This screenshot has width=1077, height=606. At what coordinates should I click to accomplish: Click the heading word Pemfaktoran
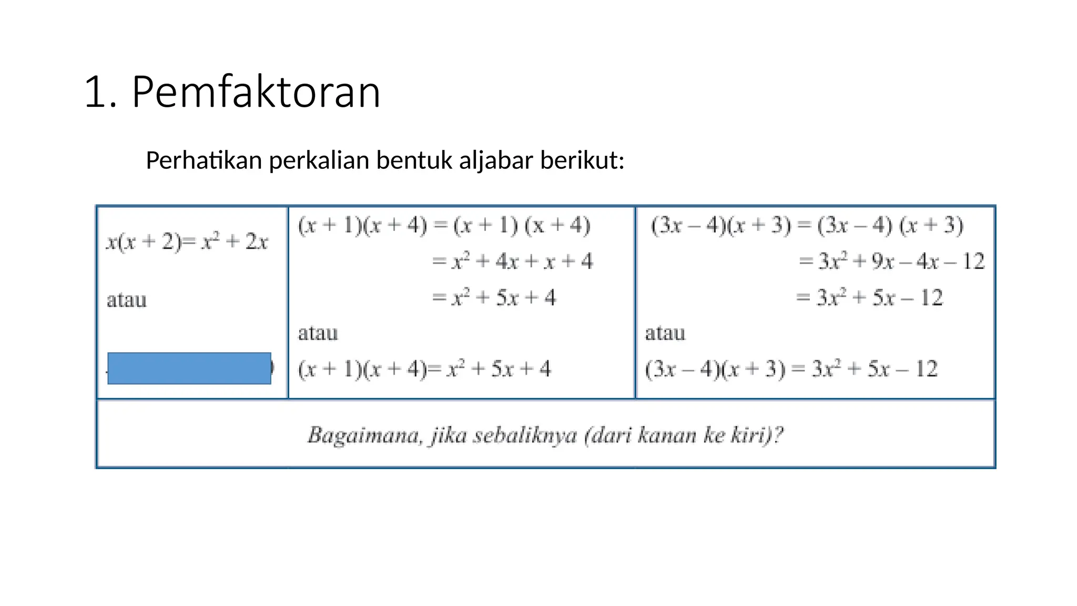[x=256, y=93]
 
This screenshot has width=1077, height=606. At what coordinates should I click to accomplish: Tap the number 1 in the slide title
[x=95, y=93]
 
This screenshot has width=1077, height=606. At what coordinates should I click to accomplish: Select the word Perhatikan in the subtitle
[x=204, y=160]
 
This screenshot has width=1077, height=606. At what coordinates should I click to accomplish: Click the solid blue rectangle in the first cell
[x=189, y=368]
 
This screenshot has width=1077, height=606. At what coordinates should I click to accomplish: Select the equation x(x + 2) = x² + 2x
[x=187, y=242]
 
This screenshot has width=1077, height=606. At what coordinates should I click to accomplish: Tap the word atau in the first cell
[x=127, y=300]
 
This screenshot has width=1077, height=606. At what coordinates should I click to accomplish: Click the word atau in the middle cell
[x=318, y=334]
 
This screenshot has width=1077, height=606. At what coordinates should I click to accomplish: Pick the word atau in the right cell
[x=665, y=334]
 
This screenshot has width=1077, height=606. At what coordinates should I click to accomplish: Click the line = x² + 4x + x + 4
[x=512, y=261]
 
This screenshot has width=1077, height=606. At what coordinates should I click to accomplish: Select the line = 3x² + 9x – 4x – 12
[x=891, y=261]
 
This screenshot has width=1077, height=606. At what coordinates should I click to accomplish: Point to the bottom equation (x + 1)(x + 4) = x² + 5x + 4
[x=424, y=369]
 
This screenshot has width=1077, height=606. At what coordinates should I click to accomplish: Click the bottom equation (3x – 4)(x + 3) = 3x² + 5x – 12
[x=791, y=369]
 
